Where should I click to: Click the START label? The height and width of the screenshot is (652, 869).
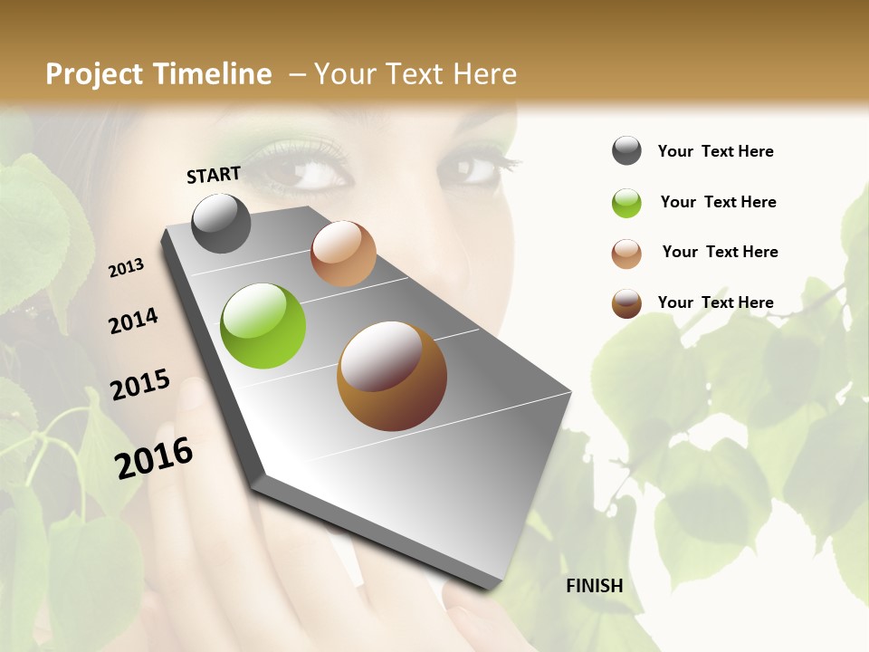click(x=214, y=174)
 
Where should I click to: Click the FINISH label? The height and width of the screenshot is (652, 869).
click(x=594, y=586)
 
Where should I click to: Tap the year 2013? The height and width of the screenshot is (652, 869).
click(x=126, y=267)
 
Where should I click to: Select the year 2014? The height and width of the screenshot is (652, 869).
click(x=133, y=321)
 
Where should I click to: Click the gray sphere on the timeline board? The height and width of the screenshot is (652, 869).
click(x=221, y=223)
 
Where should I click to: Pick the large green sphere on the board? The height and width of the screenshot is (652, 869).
click(x=263, y=326)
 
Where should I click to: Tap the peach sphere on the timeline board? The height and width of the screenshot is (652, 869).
click(x=343, y=254)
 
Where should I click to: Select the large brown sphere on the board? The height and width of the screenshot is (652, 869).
click(x=392, y=376)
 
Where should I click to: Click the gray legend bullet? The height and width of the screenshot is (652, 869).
click(x=626, y=150)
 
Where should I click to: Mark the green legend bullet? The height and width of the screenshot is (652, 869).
click(x=626, y=202)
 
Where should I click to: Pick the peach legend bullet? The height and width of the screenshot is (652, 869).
click(x=626, y=253)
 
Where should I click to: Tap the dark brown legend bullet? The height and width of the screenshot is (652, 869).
click(x=626, y=303)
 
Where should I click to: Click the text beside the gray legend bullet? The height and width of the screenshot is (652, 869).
click(x=715, y=151)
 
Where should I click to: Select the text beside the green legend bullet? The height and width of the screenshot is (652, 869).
click(x=718, y=202)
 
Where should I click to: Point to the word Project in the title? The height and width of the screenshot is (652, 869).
click(x=95, y=74)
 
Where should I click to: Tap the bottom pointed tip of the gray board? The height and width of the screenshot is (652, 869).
click(x=493, y=587)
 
